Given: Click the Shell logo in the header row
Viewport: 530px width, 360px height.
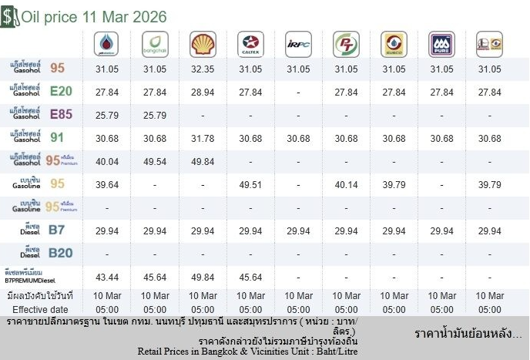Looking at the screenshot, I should (203, 44).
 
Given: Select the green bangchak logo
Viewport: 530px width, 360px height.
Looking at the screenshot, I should (155, 44).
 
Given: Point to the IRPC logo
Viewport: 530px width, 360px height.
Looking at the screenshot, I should (298, 44).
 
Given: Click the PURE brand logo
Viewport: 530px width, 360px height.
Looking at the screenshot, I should (442, 44).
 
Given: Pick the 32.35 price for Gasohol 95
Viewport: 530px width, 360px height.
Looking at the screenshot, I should (203, 69).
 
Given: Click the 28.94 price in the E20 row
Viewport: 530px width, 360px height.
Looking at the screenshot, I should (203, 93).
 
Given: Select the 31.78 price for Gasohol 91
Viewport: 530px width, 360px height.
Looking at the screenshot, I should (203, 139).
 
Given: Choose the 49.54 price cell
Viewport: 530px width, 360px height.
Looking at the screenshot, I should (155, 162).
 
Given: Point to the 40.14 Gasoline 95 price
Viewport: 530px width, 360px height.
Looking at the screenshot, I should (346, 185).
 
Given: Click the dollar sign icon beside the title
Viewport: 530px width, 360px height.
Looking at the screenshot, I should (9, 16).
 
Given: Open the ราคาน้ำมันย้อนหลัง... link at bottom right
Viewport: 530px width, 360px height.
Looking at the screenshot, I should (468, 335).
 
